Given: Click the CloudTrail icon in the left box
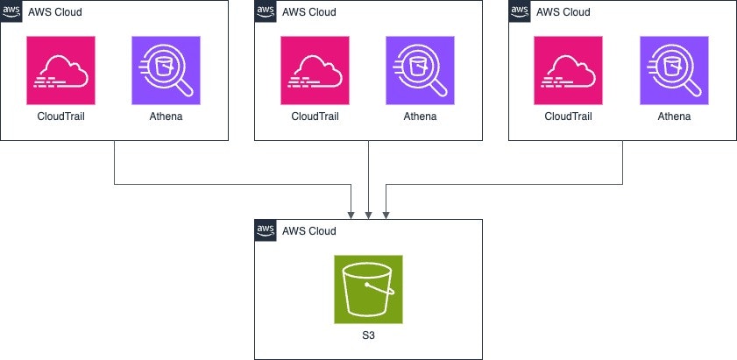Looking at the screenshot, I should (61, 70).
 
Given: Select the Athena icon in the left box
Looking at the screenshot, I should (167, 70).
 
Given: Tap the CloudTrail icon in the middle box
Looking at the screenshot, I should (315, 70).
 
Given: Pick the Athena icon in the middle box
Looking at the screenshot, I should (421, 70).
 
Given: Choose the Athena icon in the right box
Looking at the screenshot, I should (675, 70).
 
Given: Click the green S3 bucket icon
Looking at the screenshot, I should (368, 289).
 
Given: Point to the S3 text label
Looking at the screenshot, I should (368, 335).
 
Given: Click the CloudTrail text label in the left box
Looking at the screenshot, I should (61, 116).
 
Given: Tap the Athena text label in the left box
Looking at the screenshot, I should (167, 116).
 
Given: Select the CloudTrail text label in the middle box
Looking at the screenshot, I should (315, 116).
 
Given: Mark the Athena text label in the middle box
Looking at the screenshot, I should (421, 116).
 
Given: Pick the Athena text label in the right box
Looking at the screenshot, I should (675, 116).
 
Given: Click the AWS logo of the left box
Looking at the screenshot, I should (11, 11).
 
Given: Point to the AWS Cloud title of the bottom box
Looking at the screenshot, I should (309, 231).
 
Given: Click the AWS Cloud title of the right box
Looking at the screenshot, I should (563, 12).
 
